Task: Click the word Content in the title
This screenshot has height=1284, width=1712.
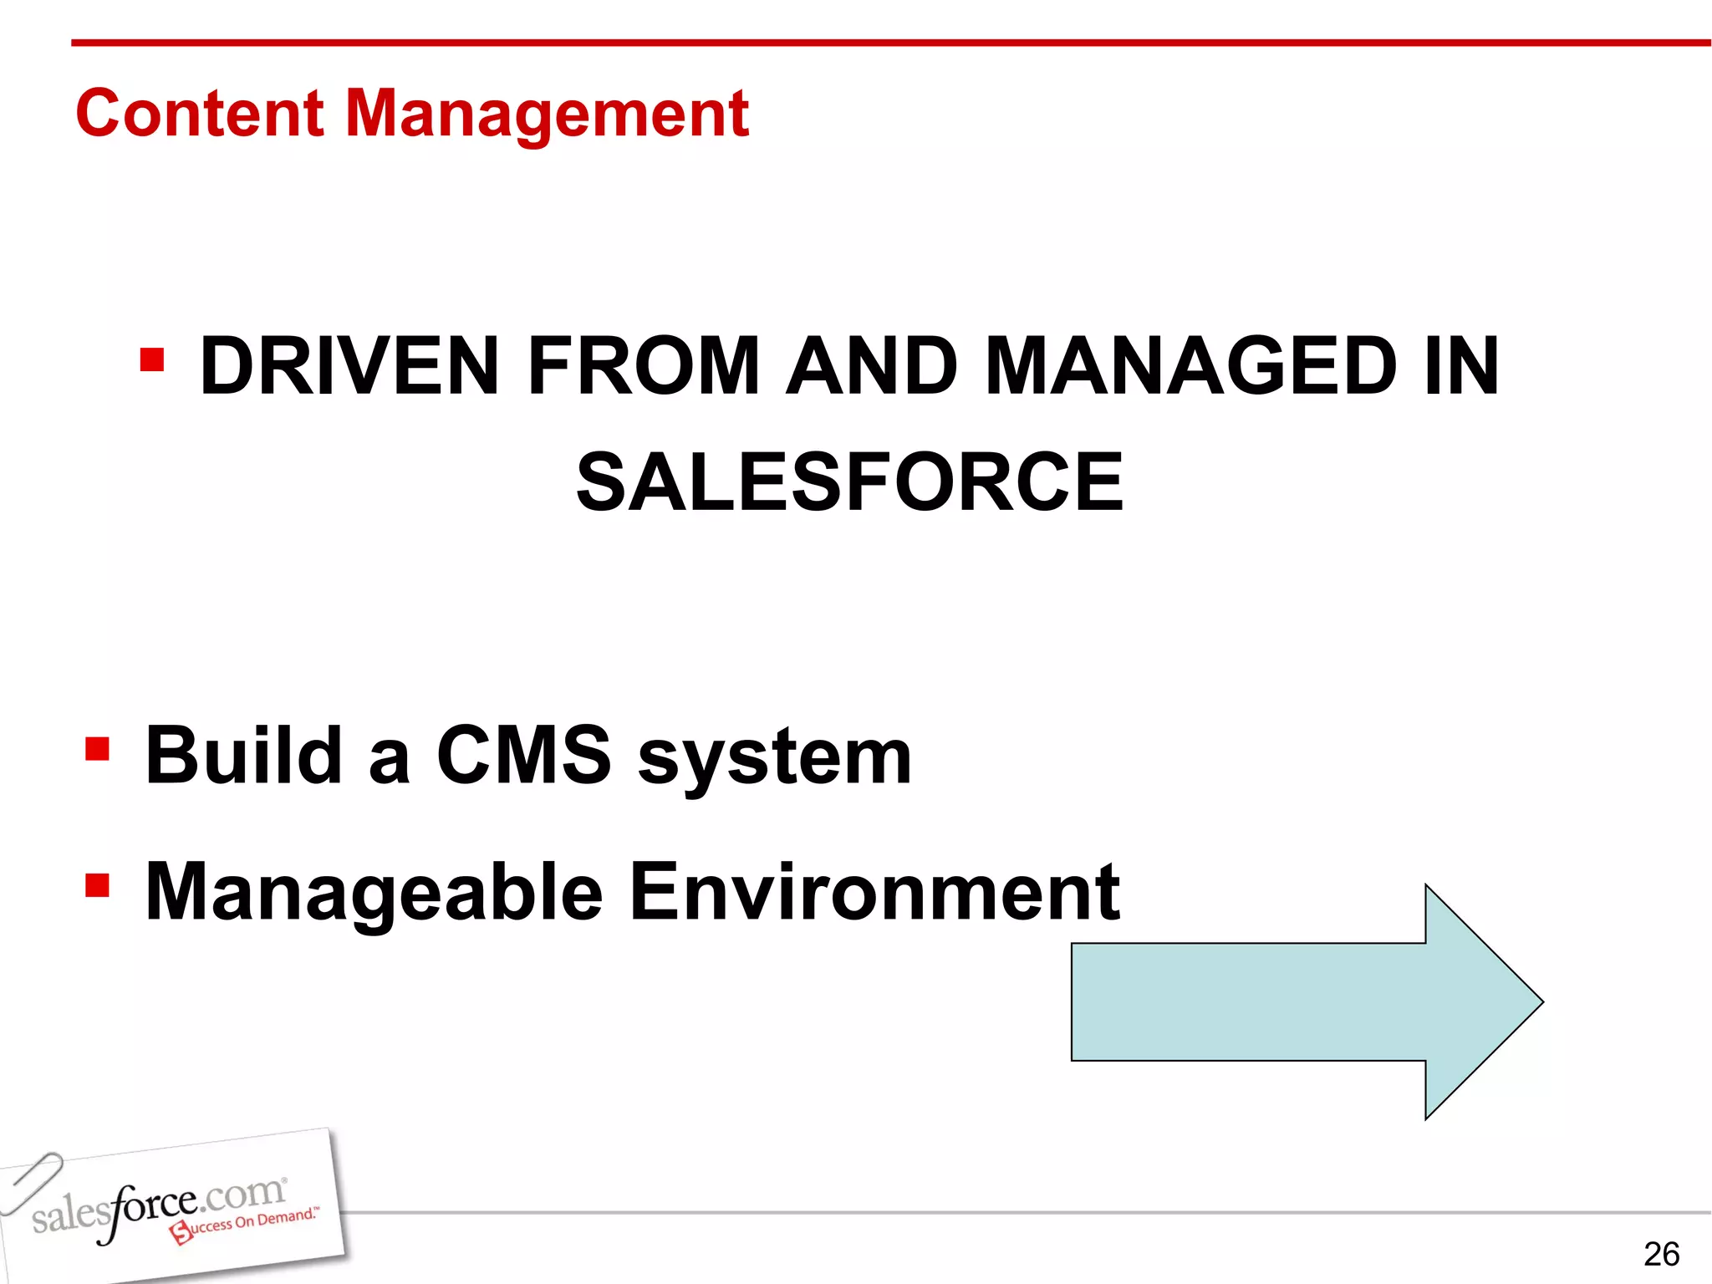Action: pos(199,114)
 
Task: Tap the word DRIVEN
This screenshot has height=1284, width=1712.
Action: pos(349,366)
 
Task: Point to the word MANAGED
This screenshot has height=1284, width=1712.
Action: pos(1190,366)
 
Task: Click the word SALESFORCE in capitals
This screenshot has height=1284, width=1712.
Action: pos(849,482)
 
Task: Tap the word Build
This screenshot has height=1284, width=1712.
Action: pos(243,756)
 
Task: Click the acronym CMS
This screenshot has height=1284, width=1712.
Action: pos(523,756)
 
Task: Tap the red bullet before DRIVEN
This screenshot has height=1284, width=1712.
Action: pos(152,361)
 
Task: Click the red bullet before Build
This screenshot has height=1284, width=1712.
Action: pos(98,749)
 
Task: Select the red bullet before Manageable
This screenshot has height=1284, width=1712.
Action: pos(98,885)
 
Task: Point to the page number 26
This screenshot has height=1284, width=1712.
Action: pos(1660,1254)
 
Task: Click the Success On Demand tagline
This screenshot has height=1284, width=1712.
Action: pos(244,1224)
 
